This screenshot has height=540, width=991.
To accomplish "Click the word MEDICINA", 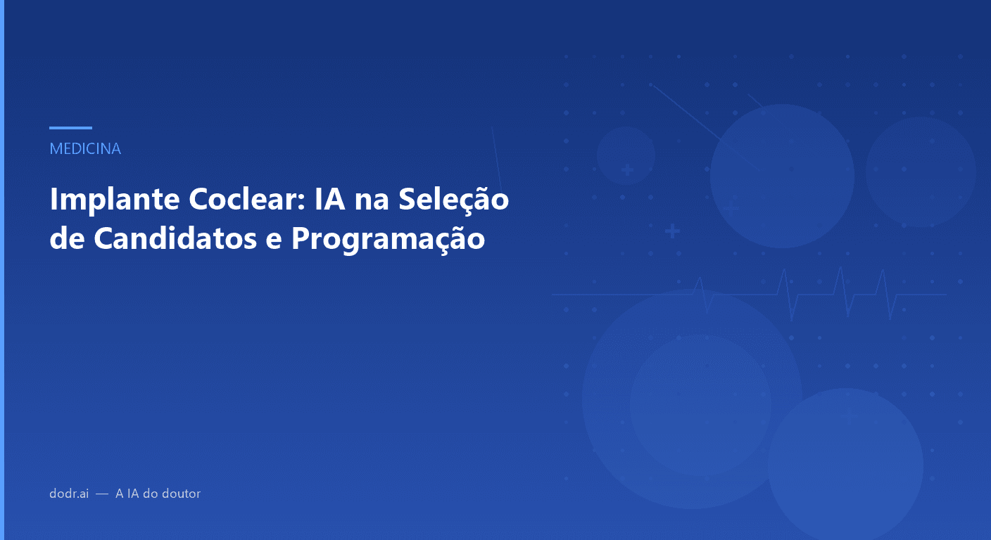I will point(85,149).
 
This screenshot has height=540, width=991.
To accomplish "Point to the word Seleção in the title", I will point(453,200).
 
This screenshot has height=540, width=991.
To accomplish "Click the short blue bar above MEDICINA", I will point(70,128).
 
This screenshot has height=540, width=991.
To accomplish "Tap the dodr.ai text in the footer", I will point(69,494).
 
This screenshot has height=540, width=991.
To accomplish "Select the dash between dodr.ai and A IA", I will point(102,494).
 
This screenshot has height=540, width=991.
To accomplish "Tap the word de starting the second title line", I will point(68,239).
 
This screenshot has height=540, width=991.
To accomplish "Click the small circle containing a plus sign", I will point(626,156).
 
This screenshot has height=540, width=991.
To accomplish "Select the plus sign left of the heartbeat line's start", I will point(672,231).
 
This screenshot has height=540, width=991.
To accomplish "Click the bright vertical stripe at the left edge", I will point(2,270).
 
